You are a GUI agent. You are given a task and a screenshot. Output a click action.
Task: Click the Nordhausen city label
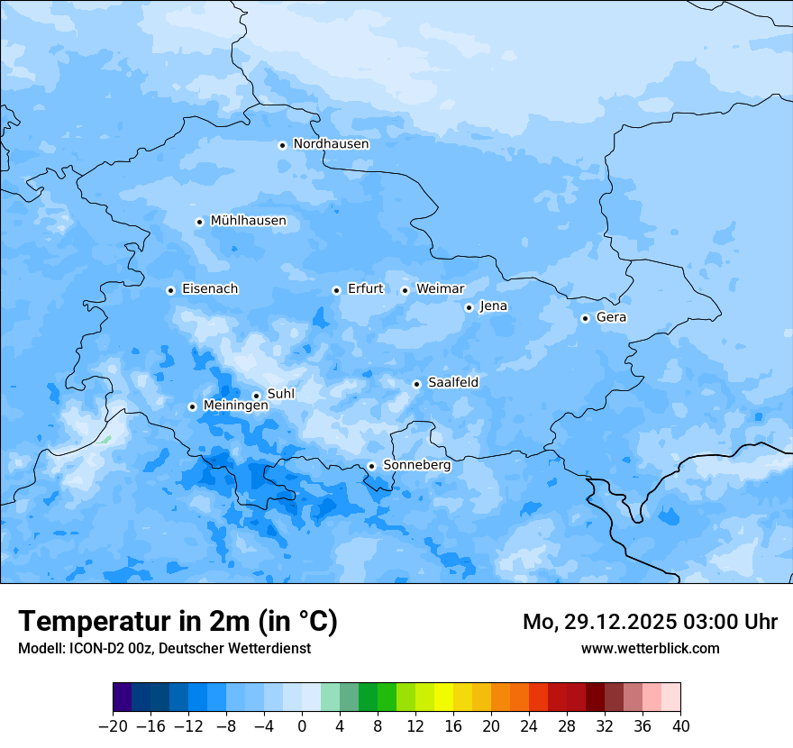point(331,144)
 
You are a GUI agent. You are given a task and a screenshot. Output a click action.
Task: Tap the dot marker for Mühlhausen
point(199,222)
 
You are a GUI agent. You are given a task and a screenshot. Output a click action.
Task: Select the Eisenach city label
point(210,289)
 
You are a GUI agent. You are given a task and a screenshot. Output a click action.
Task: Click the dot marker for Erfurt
point(336,290)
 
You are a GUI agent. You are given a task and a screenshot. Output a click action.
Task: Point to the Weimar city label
point(440,289)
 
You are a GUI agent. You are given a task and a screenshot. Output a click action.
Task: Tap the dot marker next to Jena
point(469,307)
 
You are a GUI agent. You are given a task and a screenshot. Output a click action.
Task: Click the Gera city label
point(611,317)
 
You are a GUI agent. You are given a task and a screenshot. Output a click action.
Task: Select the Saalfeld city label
point(453,383)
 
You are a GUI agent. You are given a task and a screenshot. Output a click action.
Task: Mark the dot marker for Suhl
point(256,396)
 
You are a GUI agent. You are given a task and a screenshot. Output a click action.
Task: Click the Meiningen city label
point(236,406)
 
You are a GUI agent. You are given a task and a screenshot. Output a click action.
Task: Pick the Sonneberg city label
point(416,466)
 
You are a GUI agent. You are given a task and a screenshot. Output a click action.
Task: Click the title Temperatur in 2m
point(178,622)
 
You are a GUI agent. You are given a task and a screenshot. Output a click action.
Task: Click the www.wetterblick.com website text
point(650,648)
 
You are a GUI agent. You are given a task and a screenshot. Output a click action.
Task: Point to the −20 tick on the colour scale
point(113,726)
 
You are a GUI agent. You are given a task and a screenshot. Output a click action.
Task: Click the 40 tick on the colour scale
point(680,726)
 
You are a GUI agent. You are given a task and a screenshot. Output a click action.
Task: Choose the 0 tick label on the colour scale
point(302,726)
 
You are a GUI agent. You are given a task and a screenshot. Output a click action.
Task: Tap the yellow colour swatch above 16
point(443,698)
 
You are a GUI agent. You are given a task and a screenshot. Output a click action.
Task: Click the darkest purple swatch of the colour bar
point(123,698)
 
